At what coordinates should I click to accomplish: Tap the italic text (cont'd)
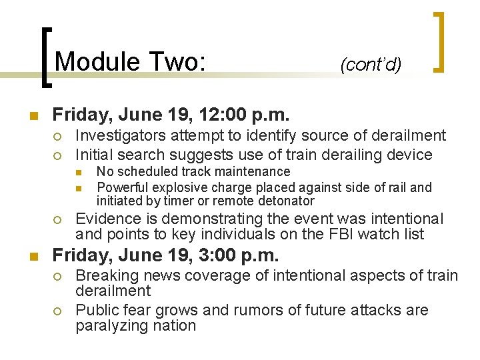coord(370,65)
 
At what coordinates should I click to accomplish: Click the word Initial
coord(94,155)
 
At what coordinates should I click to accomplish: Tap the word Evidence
coord(106,219)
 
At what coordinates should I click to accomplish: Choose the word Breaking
coord(105,275)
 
